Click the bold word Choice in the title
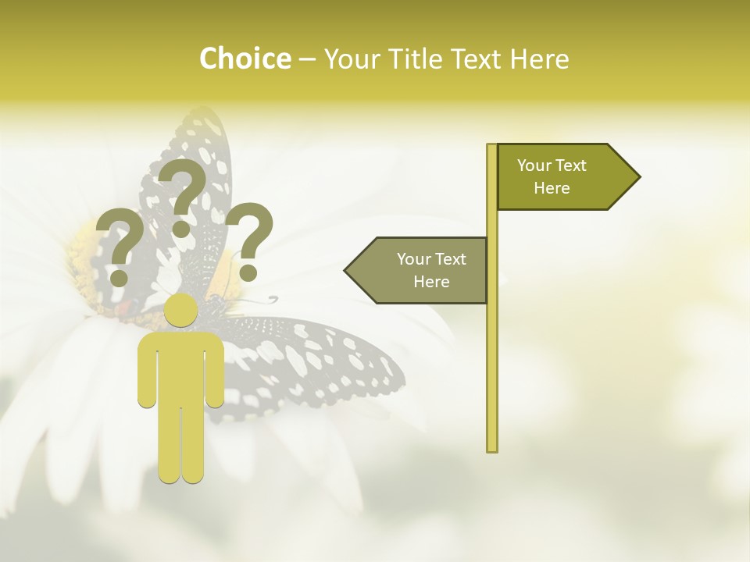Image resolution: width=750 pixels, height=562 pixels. click(x=245, y=59)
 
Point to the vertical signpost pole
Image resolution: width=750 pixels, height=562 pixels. click(x=492, y=351)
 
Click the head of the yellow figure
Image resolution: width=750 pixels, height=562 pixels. click(x=181, y=311)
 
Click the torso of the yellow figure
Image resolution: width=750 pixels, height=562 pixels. click(x=181, y=367)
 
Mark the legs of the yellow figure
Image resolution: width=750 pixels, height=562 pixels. click(x=181, y=445)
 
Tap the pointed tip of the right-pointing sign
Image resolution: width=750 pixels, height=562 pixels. click(x=638, y=177)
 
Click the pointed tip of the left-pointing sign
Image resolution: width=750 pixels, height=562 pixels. click(x=347, y=270)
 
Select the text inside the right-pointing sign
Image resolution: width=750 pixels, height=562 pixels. click(x=552, y=176)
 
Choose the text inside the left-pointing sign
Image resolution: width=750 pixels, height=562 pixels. click(x=431, y=270)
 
